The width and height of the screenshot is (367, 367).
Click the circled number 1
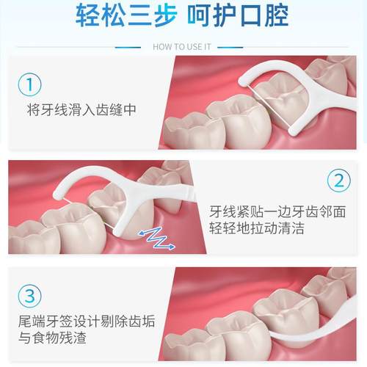pyautogui.click(x=29, y=85)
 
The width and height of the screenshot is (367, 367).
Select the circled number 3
pyautogui.click(x=29, y=296)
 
